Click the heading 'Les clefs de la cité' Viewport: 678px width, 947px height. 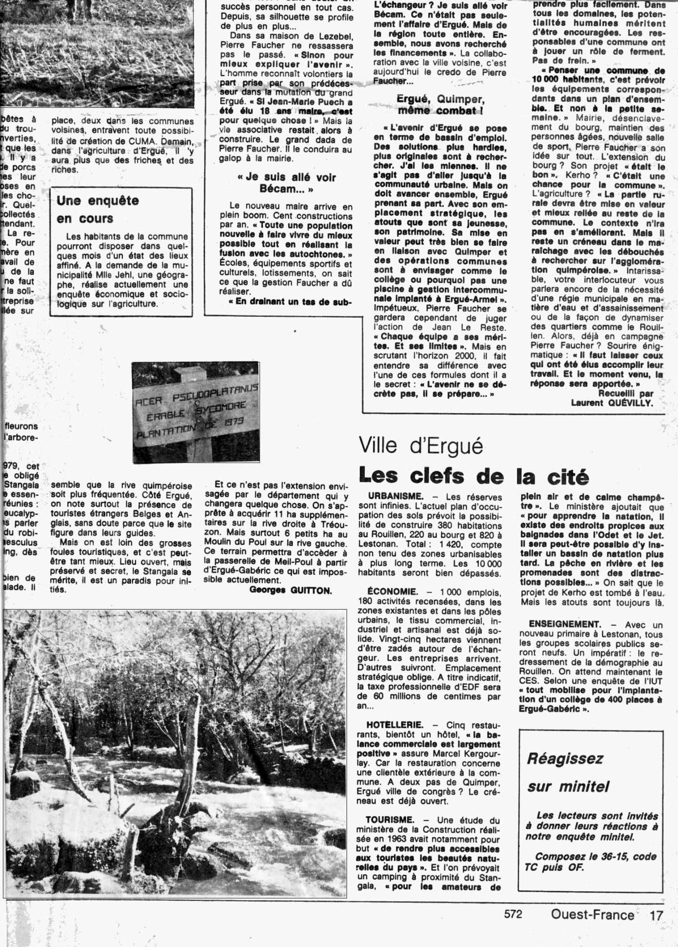click(473, 476)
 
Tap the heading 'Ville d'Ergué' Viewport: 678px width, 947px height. click(421, 445)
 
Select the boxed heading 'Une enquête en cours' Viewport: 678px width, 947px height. click(98, 209)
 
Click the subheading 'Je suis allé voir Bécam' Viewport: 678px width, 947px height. click(286, 183)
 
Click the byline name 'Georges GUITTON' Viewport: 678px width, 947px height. click(291, 590)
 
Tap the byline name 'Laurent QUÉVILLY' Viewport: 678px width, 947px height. click(611, 402)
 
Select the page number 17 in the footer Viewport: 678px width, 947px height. click(656, 915)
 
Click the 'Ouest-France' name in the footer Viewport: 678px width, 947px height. click(593, 915)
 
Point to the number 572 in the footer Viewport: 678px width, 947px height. click(513, 914)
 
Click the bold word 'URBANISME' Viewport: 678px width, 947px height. click(396, 497)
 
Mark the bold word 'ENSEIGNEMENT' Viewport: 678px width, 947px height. click(565, 624)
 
